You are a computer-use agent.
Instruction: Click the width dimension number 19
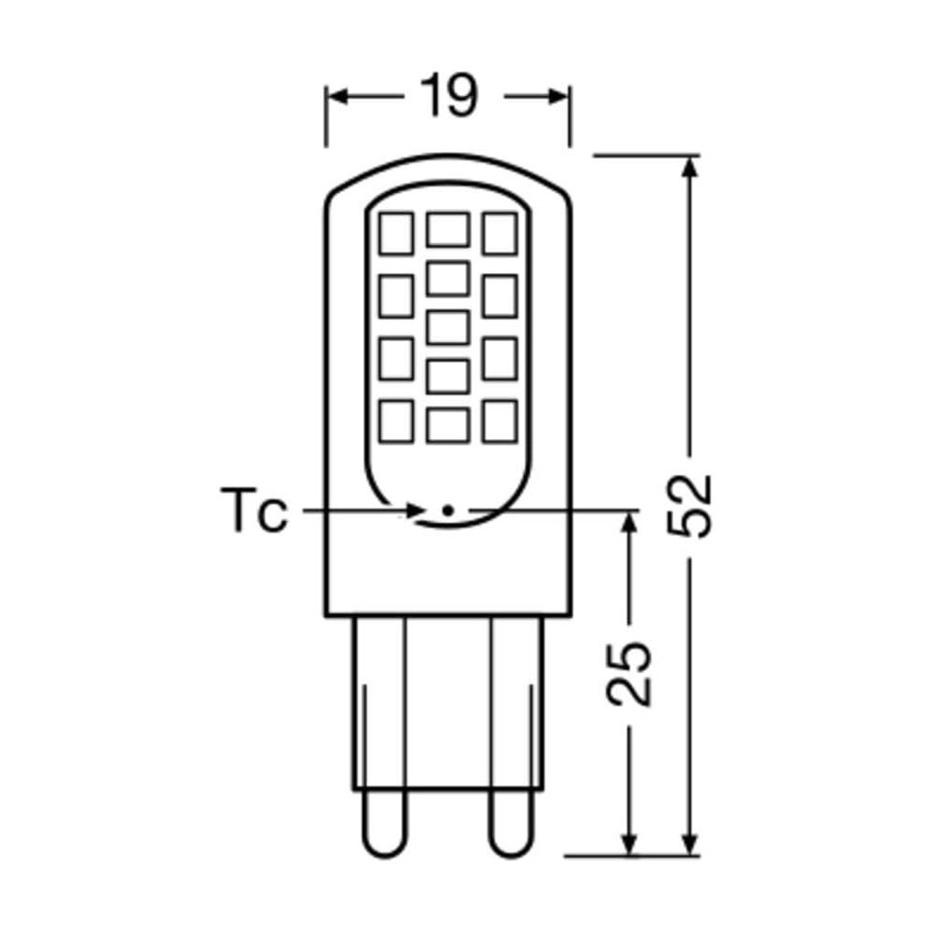pyautogui.click(x=448, y=96)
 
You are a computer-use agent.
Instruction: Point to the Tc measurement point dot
pyautogui.click(x=447, y=510)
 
